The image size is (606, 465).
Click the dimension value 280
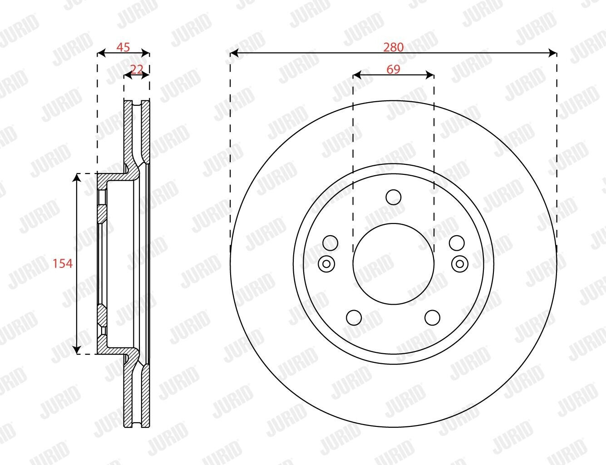393,47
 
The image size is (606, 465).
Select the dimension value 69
393,69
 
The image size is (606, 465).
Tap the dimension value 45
123,47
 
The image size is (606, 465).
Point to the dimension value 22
137,69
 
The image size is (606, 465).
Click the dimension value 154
63,263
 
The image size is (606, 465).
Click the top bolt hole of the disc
393,197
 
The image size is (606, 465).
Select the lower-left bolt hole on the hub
354,317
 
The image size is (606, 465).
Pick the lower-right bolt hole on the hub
433,317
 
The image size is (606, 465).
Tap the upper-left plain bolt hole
330,243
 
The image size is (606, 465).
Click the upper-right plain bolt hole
457,243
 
